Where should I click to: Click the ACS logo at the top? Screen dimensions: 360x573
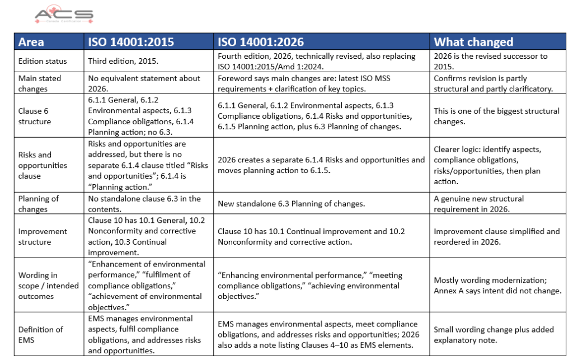click(64, 15)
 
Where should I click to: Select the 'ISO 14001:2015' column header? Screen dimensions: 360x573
click(131, 42)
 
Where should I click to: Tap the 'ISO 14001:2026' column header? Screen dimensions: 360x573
click(261, 42)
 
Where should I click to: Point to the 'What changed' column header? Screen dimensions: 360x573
click(473, 42)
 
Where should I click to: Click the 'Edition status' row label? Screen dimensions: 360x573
click(43, 61)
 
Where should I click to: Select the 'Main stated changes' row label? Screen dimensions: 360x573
click(40, 83)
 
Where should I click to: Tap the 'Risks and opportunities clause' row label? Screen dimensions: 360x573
click(43, 165)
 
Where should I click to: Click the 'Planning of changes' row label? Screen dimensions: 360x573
click(39, 204)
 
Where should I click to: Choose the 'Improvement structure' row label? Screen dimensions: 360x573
click(43, 236)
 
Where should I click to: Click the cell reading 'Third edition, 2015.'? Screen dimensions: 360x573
click(124, 61)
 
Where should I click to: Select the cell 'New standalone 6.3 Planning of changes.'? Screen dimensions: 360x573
click(292, 204)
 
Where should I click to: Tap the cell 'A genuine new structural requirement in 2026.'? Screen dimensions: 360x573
click(479, 204)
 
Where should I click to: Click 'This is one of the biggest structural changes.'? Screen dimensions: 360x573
click(496, 116)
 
